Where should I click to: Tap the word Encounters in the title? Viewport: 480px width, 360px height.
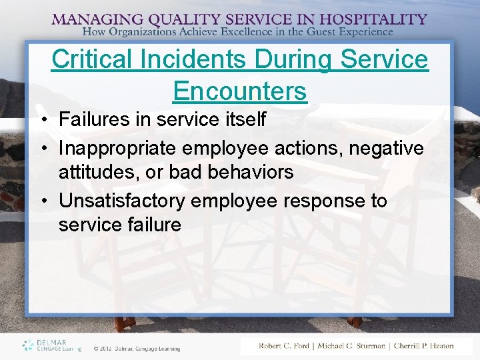tap(240, 91)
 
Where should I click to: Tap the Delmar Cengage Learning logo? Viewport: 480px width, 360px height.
tap(52, 345)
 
